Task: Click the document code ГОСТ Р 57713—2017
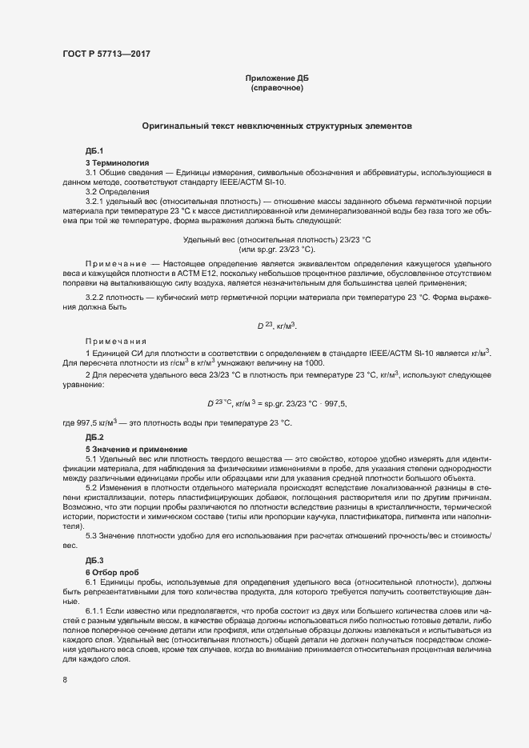coord(106,54)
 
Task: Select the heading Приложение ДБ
coord(277,78)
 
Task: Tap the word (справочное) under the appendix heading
coord(277,87)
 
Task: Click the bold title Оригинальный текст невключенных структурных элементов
coord(277,126)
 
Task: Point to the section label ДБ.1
coord(94,151)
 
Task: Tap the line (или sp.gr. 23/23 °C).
coord(277,250)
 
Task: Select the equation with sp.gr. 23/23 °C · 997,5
coord(277,402)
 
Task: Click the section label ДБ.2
coord(94,437)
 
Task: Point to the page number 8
coord(65,681)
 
